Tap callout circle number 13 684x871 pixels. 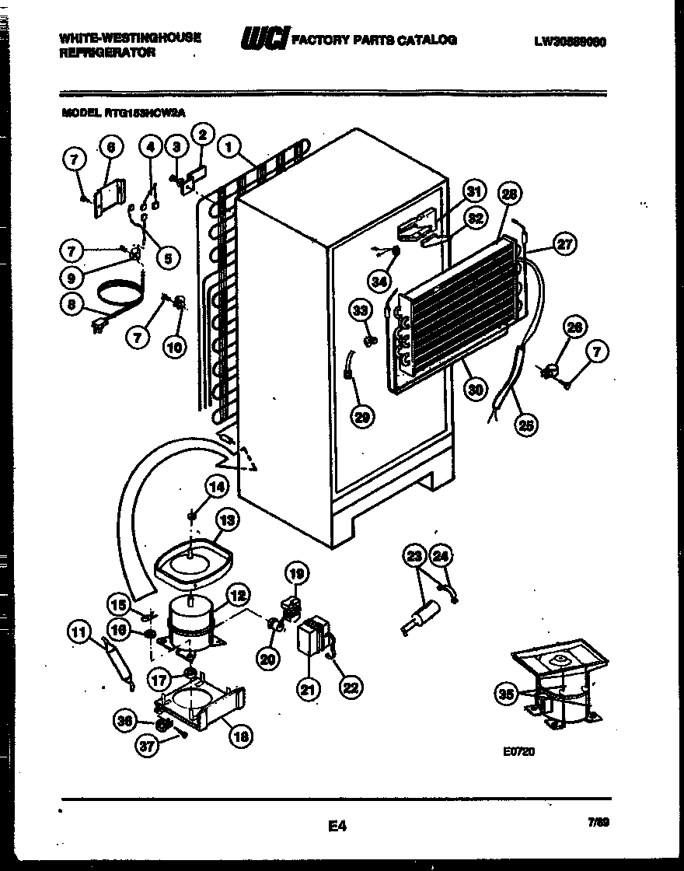tap(228, 519)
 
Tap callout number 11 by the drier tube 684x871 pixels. tap(79, 633)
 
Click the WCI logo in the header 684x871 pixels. tap(266, 38)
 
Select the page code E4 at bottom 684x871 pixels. tap(336, 827)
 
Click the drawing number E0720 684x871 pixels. tap(520, 752)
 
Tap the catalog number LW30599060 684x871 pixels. tap(569, 41)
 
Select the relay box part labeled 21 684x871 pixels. tap(310, 637)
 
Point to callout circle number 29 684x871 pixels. tap(361, 417)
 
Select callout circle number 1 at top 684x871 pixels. tap(228, 145)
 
